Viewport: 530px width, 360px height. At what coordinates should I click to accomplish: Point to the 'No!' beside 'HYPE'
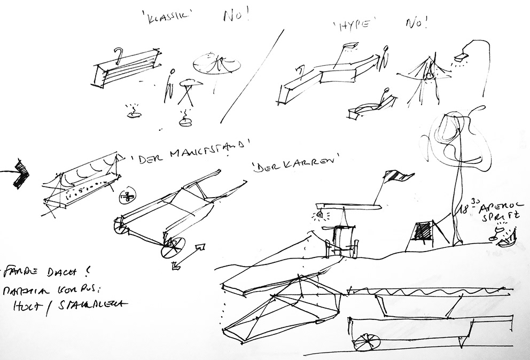(x=417, y=23)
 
